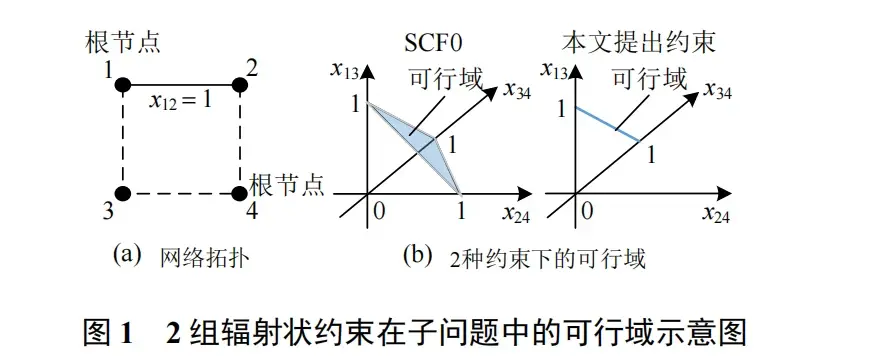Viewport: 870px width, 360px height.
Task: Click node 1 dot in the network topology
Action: [x=123, y=85]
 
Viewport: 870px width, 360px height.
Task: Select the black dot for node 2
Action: [x=240, y=85]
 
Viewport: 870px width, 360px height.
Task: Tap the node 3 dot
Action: [x=123, y=194]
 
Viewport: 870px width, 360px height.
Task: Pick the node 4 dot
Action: [x=240, y=194]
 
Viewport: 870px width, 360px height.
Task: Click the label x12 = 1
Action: [x=180, y=103]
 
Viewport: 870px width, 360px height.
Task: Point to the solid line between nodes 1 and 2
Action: [x=181, y=85]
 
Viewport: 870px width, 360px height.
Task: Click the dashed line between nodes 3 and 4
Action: [x=181, y=194]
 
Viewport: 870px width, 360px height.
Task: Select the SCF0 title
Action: [x=433, y=44]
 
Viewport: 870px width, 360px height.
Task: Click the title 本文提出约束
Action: [x=638, y=44]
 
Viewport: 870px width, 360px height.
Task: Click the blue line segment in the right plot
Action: [x=608, y=124]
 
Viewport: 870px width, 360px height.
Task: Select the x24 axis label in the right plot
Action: [x=715, y=214]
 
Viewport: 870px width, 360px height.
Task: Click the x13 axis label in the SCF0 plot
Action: [x=343, y=70]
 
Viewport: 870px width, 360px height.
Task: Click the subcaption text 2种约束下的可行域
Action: [x=548, y=258]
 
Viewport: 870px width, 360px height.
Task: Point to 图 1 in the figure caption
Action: [x=109, y=333]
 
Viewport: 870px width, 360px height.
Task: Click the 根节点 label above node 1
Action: [x=123, y=44]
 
